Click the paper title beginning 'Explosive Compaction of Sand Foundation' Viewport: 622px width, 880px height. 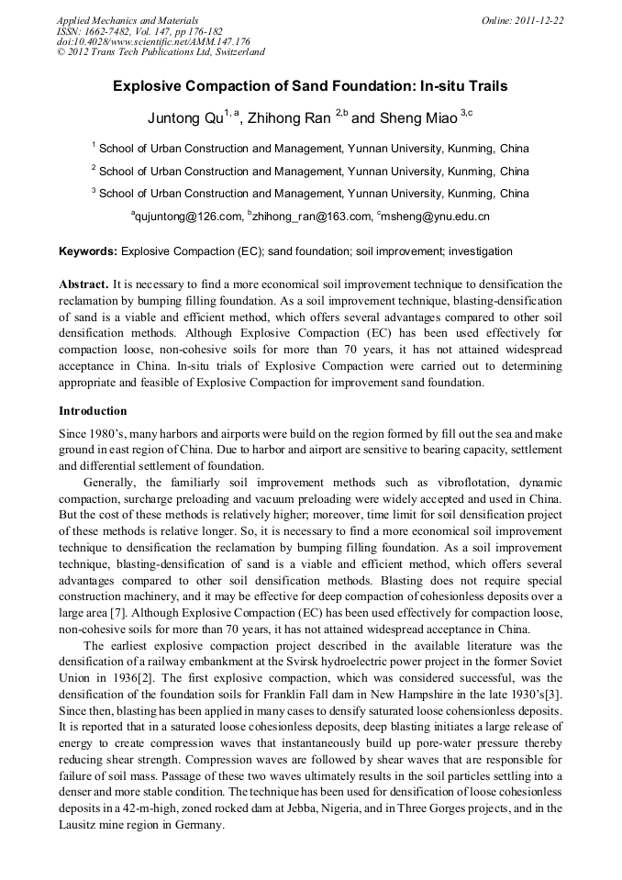click(310, 86)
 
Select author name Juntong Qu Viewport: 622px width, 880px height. click(186, 117)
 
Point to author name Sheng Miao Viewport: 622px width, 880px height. click(404, 117)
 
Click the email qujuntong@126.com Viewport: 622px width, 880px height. click(187, 217)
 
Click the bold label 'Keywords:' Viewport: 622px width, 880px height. click(88, 251)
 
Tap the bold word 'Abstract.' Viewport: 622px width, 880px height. click(83, 284)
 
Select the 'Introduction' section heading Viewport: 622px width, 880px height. click(93, 410)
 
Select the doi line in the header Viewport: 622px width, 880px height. click(153, 41)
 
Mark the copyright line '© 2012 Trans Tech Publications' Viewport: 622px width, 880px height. click(161, 52)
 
